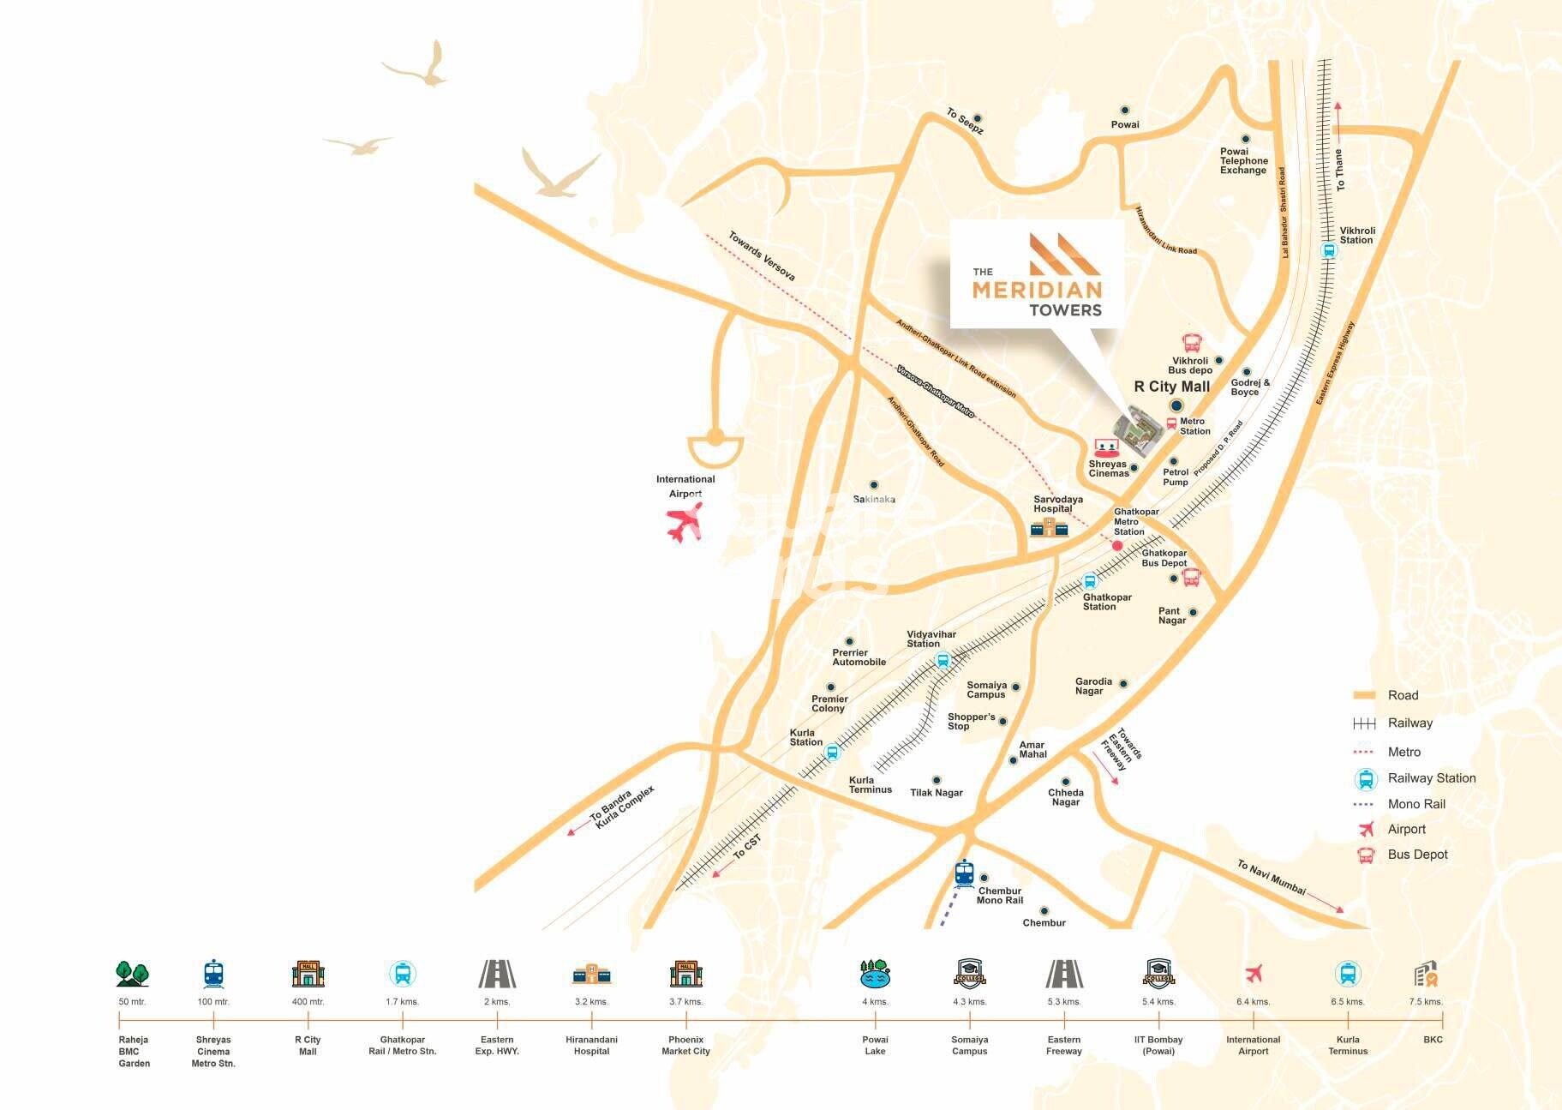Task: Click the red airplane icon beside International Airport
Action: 685,521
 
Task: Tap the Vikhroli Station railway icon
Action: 1328,251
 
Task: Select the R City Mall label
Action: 1171,387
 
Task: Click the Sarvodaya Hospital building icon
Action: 1049,526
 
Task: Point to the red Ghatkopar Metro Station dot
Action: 1117,546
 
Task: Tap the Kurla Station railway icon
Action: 830,753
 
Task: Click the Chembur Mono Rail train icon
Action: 965,873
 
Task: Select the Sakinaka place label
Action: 874,499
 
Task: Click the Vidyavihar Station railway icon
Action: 943,660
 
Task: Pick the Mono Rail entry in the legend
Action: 1415,804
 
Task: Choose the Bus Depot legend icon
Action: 1365,855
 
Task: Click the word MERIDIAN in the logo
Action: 1037,290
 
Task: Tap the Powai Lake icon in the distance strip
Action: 875,974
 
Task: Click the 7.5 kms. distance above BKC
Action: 1426,1001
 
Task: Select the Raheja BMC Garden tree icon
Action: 133,974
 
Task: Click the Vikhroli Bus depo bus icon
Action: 1191,344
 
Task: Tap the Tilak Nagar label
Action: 936,793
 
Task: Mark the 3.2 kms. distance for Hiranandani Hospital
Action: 591,1001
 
